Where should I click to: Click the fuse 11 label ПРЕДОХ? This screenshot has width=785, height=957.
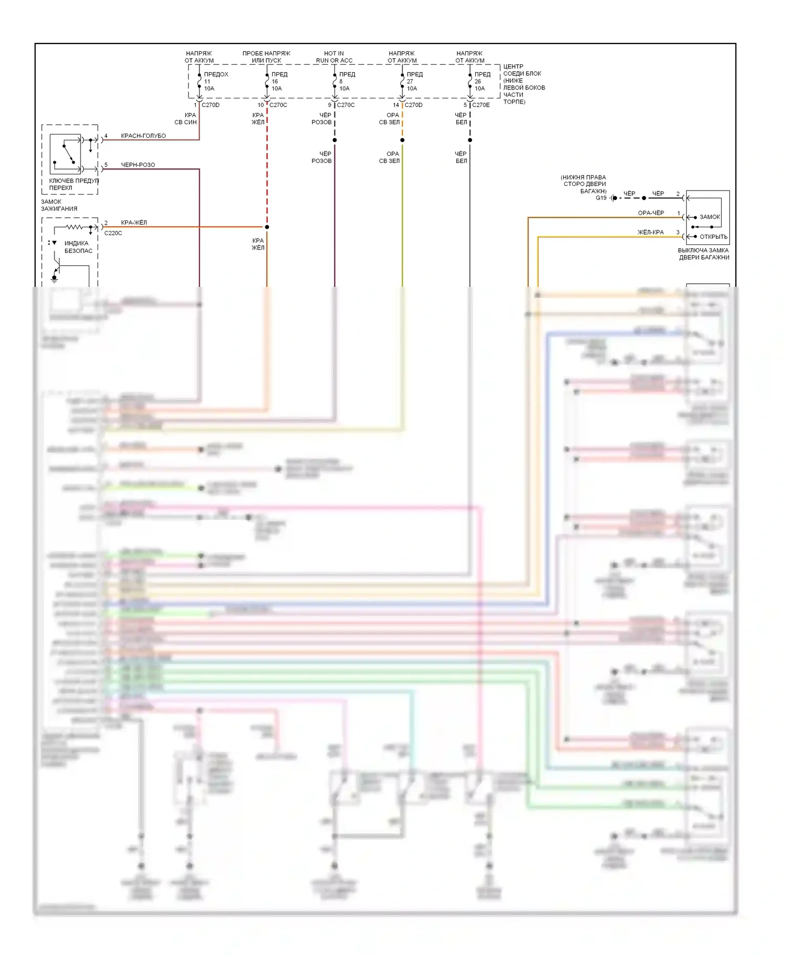pos(216,74)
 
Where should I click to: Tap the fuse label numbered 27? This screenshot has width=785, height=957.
pos(410,81)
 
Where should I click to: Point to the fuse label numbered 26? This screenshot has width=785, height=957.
pos(477,81)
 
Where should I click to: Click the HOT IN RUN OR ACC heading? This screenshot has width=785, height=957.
pos(334,57)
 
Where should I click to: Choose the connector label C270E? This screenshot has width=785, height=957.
pos(481,105)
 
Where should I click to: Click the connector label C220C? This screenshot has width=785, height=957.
pos(113,233)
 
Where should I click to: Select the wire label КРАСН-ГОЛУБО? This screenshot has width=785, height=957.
pos(143,136)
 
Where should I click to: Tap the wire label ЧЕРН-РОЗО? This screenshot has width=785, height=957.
pos(138,165)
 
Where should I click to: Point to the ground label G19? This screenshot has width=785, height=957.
pos(601,198)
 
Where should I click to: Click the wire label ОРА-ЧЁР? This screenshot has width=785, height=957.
pos(651,213)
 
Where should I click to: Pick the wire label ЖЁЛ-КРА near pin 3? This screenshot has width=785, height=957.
pos(651,232)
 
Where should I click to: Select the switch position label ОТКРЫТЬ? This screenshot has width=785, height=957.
pos(713,237)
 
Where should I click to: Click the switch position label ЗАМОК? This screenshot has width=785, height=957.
pos(710,217)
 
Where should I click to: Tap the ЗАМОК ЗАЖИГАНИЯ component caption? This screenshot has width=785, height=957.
pos(59,205)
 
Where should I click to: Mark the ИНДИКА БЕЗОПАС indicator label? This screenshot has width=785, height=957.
pos(78,247)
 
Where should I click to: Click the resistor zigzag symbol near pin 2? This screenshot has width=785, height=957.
pos(74,227)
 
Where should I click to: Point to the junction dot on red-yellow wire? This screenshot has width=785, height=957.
pos(267,227)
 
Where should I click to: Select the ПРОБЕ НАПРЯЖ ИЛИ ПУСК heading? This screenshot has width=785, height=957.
pos(266,57)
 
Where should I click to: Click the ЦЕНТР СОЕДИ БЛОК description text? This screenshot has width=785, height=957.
pos(523,84)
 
